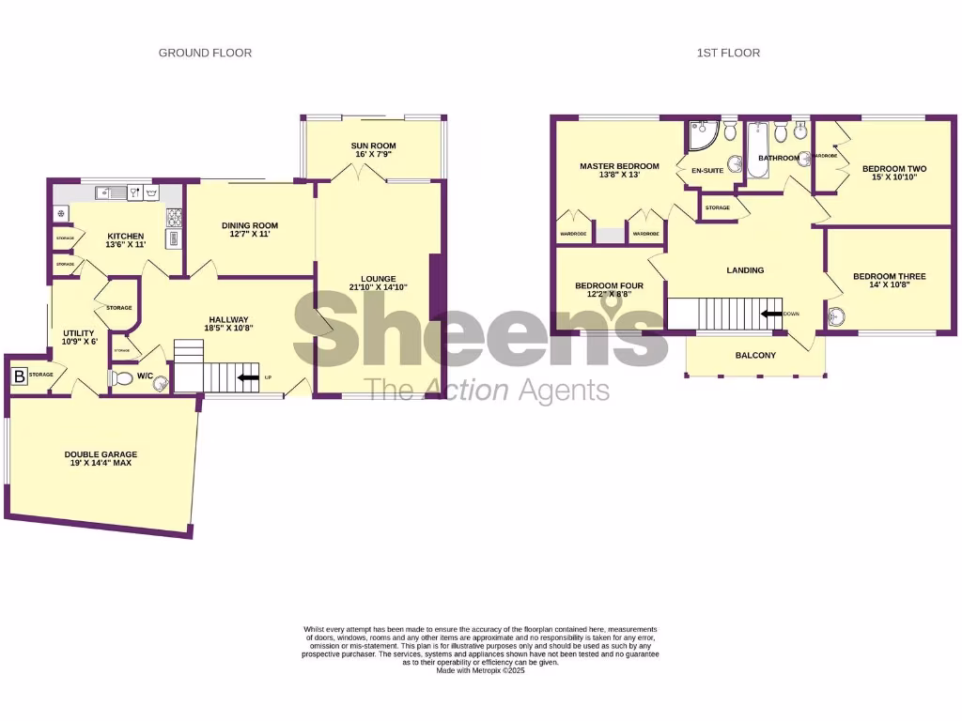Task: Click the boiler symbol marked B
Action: tap(19, 376)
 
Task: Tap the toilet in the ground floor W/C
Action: tap(121, 378)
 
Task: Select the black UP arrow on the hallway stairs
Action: tap(250, 377)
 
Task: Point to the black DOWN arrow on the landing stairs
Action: tap(771, 314)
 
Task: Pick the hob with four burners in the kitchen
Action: tap(174, 218)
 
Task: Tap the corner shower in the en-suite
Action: tap(700, 138)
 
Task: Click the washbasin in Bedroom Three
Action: tap(838, 320)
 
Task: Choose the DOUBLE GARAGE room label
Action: tap(101, 454)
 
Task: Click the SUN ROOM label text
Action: tap(373, 146)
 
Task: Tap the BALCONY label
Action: tap(755, 355)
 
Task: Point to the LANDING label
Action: tap(745, 270)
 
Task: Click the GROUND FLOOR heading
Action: tap(205, 54)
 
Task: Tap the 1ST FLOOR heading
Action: tap(728, 54)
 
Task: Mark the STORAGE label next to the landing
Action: tap(718, 207)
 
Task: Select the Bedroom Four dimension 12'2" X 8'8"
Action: tap(609, 294)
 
